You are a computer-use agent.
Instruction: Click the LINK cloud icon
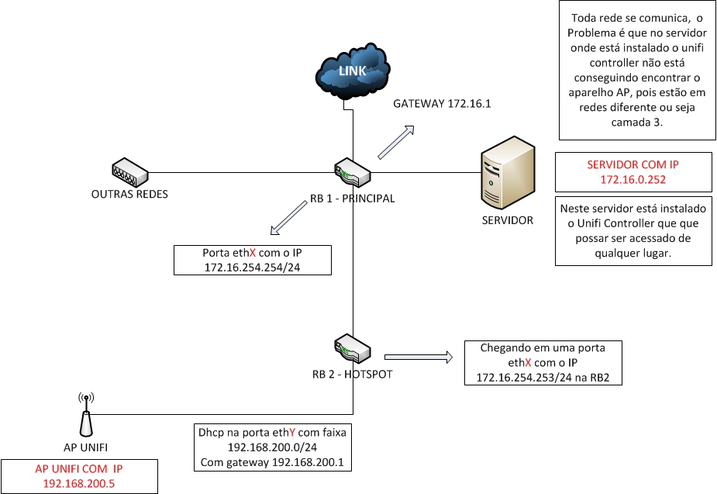click(353, 72)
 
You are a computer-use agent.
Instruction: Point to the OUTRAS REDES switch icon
click(129, 172)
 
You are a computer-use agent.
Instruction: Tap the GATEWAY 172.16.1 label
click(443, 104)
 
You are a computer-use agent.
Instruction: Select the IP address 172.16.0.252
click(633, 179)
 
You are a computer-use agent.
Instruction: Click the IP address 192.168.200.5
click(79, 482)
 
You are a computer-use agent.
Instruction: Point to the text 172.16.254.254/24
click(253, 266)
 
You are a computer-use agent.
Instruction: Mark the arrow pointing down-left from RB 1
click(289, 218)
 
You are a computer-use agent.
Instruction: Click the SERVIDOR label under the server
click(508, 220)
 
